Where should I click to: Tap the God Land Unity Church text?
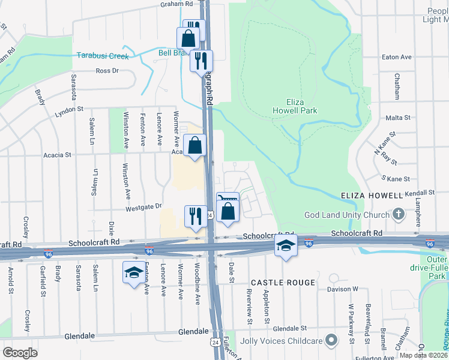click(347, 215)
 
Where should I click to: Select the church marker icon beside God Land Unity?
click(398, 214)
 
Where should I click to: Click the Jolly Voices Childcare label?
click(281, 341)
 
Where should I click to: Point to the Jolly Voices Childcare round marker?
click(331, 341)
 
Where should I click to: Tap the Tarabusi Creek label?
click(103, 56)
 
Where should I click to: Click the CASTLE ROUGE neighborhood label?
click(283, 282)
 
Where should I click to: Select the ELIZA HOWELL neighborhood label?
click(370, 196)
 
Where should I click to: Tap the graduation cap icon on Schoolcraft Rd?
click(286, 245)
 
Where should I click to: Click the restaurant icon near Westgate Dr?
click(195, 216)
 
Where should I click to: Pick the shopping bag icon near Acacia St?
click(195, 145)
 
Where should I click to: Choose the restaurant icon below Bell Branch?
click(201, 60)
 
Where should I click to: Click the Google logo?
click(20, 353)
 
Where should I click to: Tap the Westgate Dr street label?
click(143, 206)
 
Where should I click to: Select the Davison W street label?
click(342, 289)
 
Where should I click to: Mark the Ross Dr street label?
click(107, 71)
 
